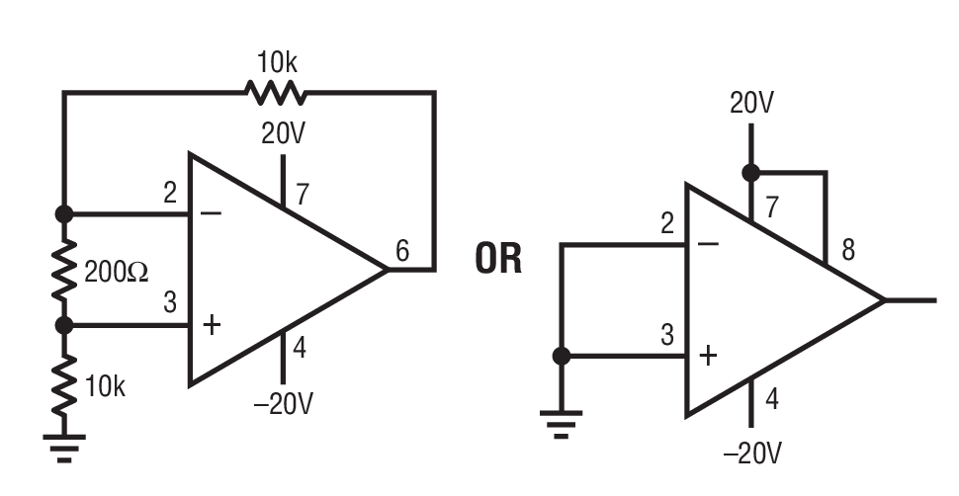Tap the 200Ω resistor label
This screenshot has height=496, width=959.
coord(117,273)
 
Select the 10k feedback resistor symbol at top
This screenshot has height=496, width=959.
coord(276,93)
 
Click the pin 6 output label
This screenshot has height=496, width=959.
coord(402,251)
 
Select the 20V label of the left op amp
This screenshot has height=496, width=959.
coord(283,134)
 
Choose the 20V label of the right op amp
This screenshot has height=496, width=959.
coord(751,104)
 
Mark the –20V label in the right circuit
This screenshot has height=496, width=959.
coord(752,453)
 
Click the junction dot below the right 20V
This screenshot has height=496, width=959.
coord(751,173)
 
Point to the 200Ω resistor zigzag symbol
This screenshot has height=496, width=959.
coord(65,269)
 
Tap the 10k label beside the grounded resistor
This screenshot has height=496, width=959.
coord(105,386)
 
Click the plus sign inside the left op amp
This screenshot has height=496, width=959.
coord(212,325)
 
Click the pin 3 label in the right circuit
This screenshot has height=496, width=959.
coord(667,335)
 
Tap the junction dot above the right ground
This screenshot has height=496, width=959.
coord(562,356)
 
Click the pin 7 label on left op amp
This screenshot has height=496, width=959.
coord(302,194)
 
